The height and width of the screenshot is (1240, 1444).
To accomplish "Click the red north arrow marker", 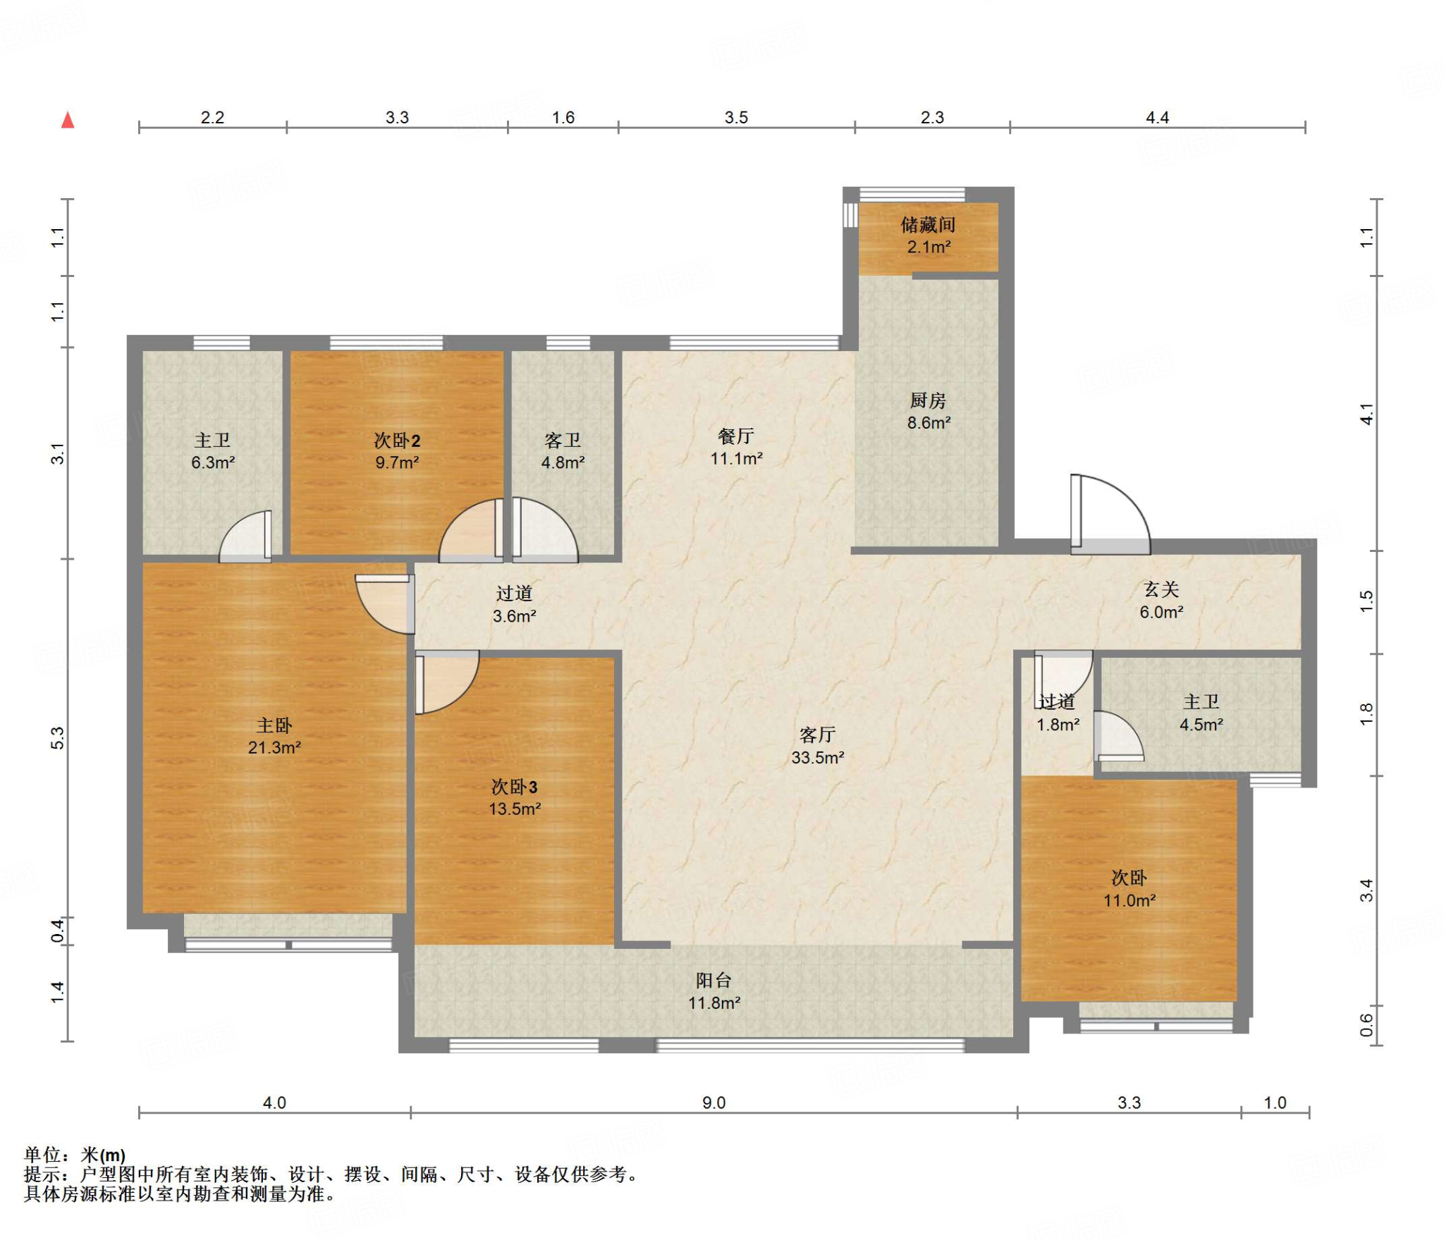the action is point(68,120).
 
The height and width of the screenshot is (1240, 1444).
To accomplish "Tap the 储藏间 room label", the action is point(928,225).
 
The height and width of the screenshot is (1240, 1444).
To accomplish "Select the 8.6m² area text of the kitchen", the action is point(929,423).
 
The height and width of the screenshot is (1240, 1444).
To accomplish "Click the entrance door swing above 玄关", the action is point(1110,513).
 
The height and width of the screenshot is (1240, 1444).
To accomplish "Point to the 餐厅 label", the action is point(736,436).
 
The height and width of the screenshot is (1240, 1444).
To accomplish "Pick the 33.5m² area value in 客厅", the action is point(818,758).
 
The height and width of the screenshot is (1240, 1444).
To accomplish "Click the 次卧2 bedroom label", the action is point(397,441).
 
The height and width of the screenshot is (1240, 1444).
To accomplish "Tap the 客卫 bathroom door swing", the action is point(545,529).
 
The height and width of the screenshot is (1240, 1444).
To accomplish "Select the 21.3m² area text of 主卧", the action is point(274,748).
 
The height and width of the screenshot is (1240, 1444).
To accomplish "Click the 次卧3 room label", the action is point(515,787).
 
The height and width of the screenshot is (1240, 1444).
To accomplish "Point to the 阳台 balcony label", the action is point(714,980).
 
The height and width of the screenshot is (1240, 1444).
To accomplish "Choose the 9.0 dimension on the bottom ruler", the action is point(714,1103).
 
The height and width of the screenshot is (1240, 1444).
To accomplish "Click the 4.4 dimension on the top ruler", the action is point(1157,118).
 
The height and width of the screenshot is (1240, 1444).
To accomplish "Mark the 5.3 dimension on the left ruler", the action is point(58,737).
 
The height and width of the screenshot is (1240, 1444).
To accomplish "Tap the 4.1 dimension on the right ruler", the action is point(1366,414).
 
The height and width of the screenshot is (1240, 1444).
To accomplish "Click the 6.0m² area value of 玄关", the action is point(1161,613).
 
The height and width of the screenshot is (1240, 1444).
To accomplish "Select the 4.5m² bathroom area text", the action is point(1201,725).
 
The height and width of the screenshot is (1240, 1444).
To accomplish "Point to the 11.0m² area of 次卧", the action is point(1130,900).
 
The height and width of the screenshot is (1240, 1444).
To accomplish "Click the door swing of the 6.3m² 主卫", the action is point(245,536).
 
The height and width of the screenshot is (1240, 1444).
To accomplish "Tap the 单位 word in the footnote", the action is point(43,1155).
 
